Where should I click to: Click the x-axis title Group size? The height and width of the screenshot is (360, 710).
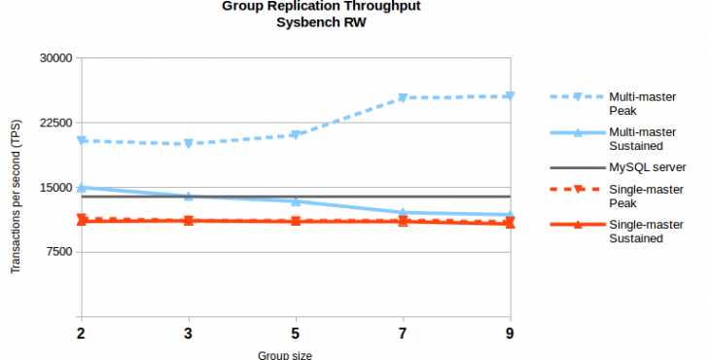pyautogui.click(x=285, y=354)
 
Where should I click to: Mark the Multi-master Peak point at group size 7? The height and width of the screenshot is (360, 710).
pyautogui.click(x=403, y=98)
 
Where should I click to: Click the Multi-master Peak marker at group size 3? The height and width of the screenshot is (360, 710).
pyautogui.click(x=189, y=144)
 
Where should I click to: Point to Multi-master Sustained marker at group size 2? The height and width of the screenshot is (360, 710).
pyautogui.click(x=82, y=187)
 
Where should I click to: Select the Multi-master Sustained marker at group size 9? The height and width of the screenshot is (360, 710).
pyautogui.click(x=510, y=215)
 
